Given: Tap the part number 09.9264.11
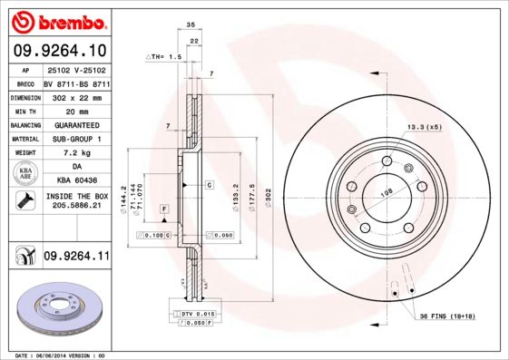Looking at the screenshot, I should (75, 258).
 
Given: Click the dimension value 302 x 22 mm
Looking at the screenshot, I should (75, 96).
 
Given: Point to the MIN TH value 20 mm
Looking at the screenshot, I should (75, 110).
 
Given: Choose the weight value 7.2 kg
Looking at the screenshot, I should (75, 153).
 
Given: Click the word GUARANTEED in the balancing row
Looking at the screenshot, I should (75, 124).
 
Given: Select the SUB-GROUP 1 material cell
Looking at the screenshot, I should (75, 139).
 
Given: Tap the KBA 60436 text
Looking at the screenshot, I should (75, 182).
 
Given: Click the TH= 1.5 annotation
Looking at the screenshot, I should (166, 56).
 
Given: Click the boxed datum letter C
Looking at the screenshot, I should (209, 184).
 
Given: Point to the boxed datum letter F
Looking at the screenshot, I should (164, 209).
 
